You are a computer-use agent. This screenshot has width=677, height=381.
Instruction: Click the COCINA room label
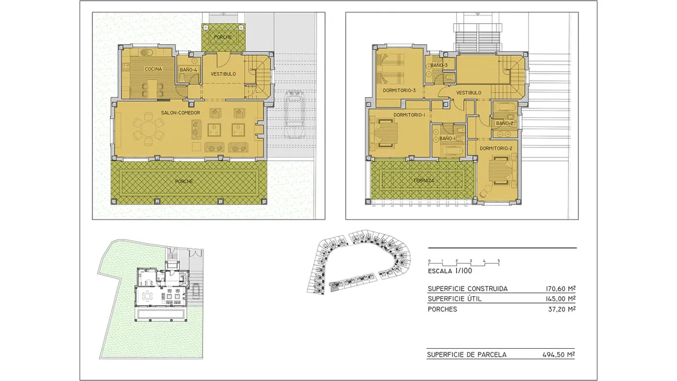(153, 69)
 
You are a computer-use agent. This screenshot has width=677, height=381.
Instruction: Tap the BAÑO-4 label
(188, 70)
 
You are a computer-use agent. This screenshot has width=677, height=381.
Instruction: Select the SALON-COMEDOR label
(181, 113)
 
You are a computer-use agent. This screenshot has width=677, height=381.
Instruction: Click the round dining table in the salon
(148, 129)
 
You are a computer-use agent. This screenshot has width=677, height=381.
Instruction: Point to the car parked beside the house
(294, 114)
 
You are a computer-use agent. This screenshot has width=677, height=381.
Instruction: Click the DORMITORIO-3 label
(399, 90)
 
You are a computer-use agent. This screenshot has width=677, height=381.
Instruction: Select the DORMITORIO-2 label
(496, 148)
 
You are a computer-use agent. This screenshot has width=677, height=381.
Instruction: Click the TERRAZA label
(424, 181)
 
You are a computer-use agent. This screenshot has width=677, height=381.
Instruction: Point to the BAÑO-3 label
(439, 65)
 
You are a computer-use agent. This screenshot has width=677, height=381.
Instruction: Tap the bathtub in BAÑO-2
(505, 108)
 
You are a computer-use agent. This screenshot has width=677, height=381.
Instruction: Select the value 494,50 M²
(559, 354)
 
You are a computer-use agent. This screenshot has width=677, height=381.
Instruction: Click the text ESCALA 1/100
(450, 271)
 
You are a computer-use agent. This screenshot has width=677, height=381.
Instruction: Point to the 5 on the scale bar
(499, 261)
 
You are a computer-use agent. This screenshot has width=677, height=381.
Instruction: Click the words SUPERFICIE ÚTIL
(455, 299)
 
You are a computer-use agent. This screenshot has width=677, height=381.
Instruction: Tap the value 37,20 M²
(562, 309)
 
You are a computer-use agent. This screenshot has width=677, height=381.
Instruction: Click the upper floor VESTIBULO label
(469, 93)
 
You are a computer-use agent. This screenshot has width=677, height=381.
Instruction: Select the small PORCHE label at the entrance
(223, 37)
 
